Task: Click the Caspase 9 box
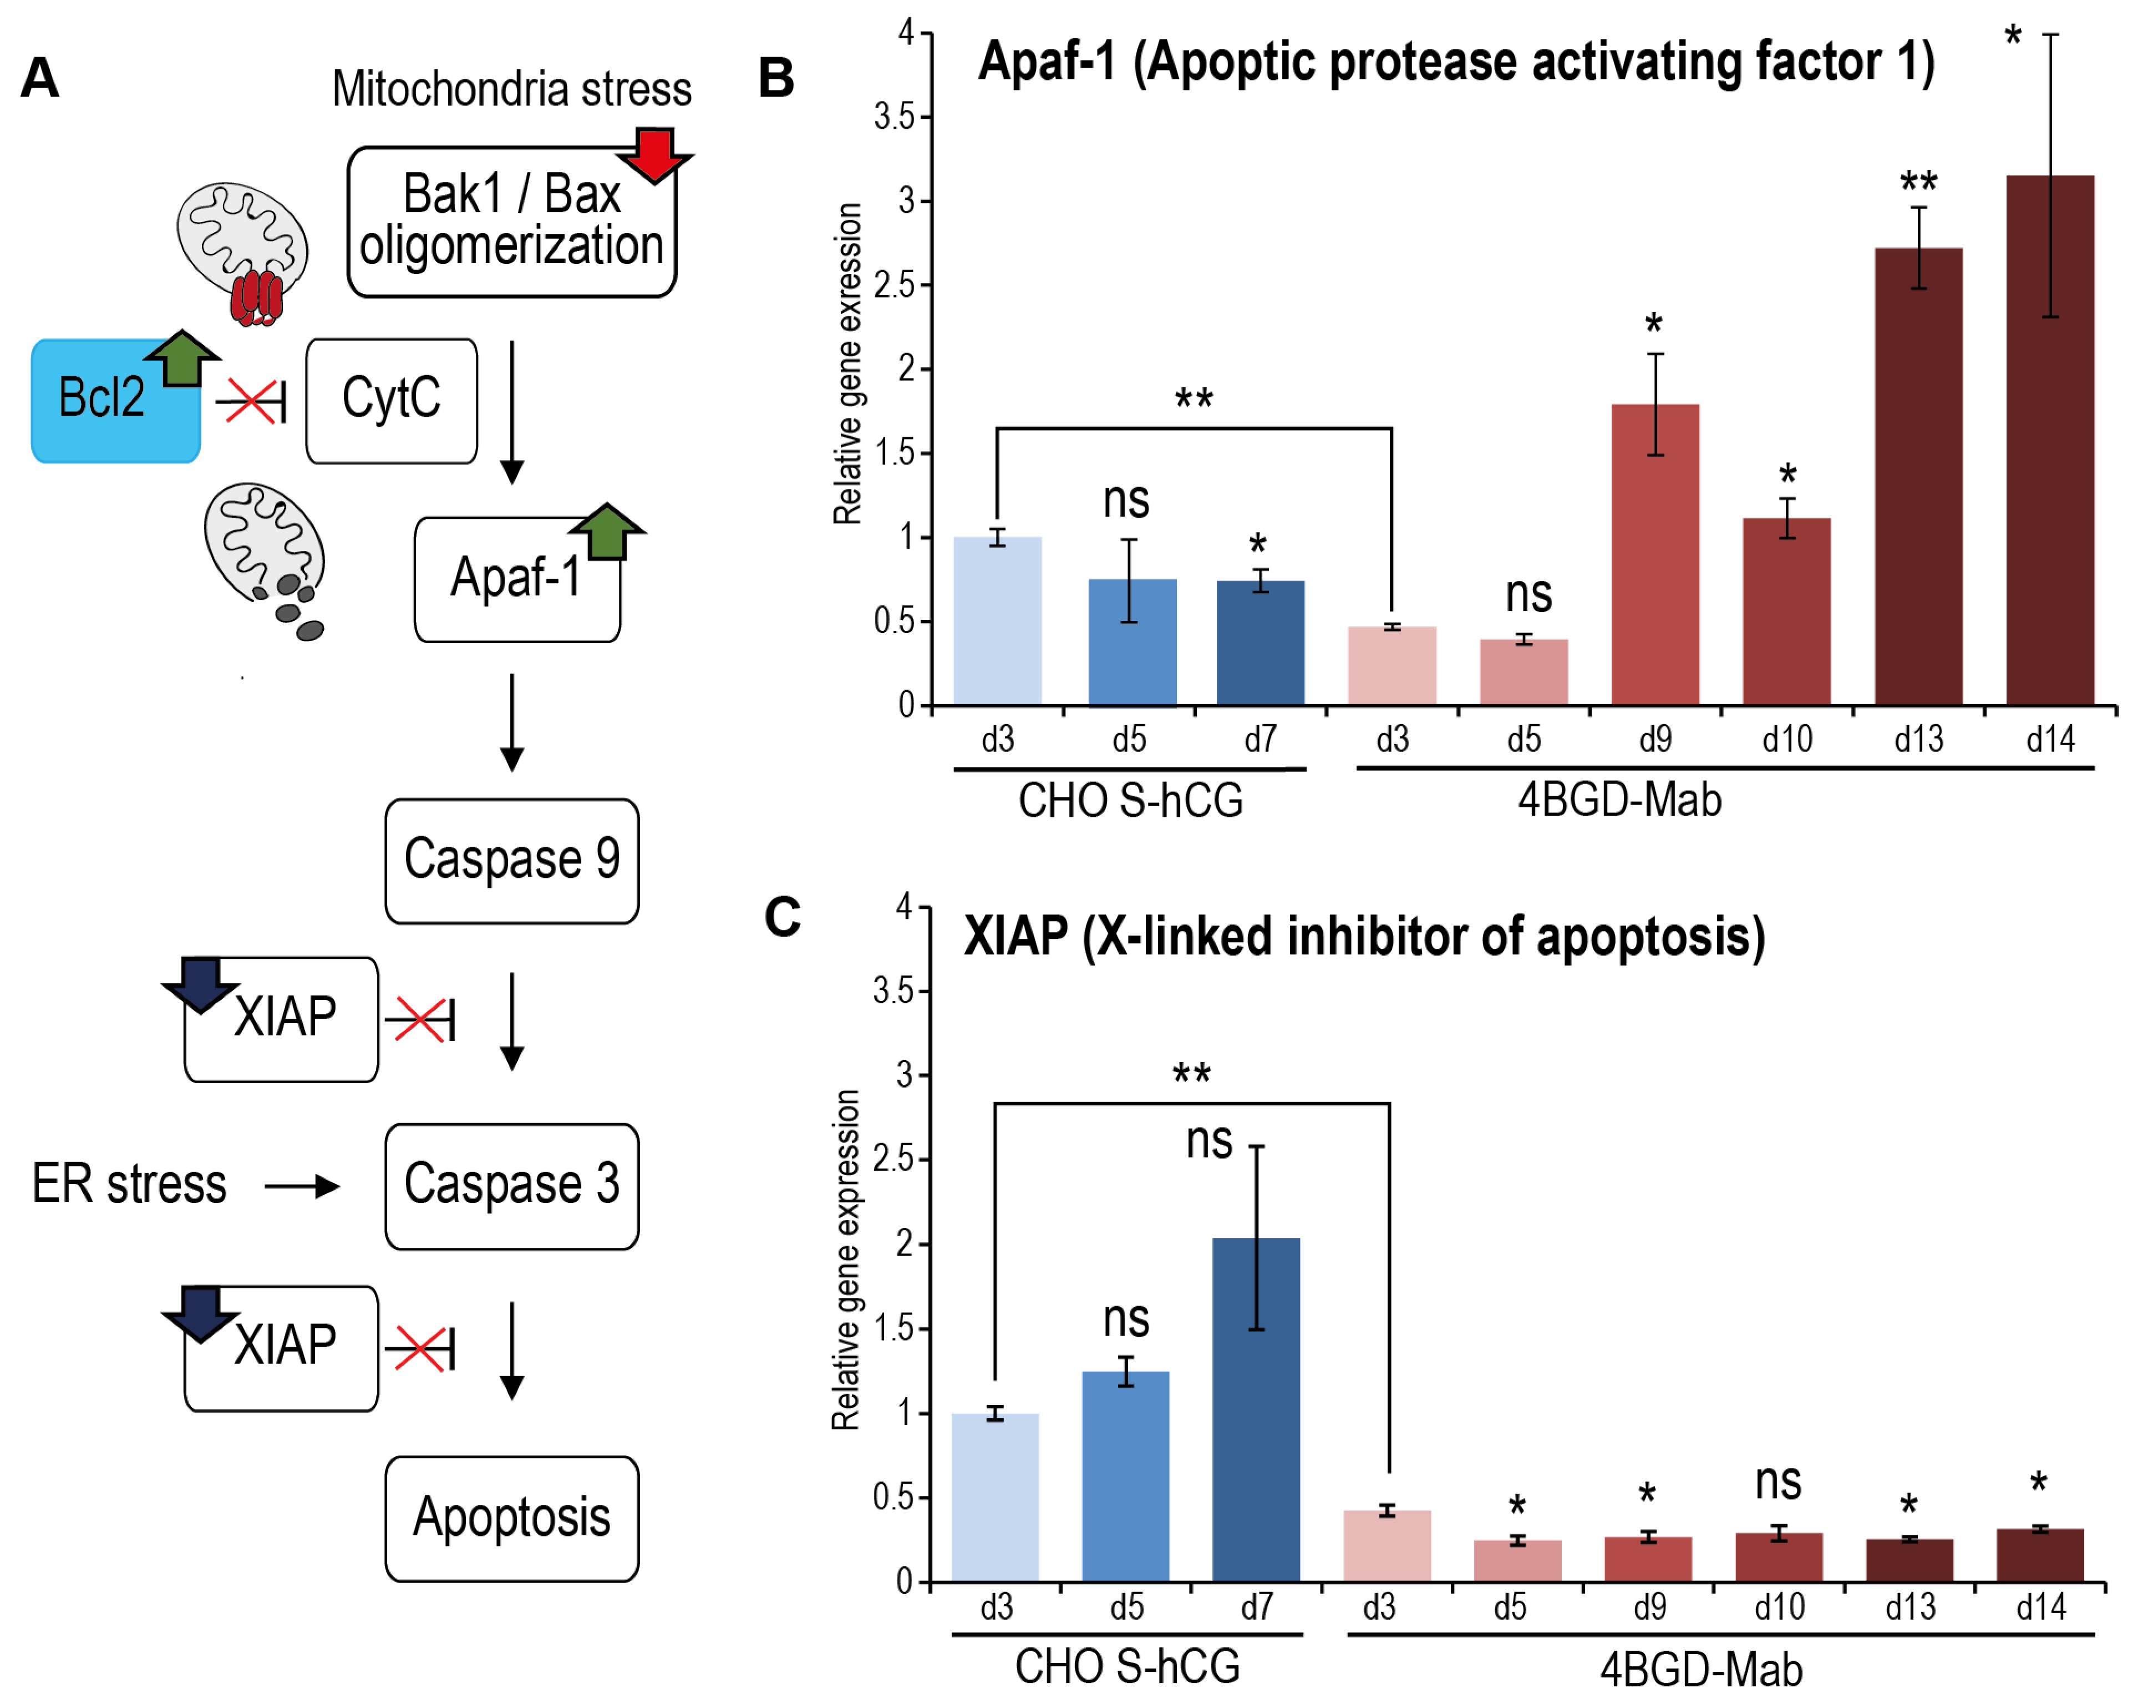click(x=511, y=861)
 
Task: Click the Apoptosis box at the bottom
click(x=511, y=1517)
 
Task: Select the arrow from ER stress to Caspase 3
click(x=302, y=1186)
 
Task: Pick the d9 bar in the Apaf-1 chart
click(x=1654, y=554)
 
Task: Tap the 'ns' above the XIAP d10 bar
click(x=1778, y=1481)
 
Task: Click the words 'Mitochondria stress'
click(x=511, y=89)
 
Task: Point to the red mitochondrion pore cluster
click(x=256, y=297)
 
